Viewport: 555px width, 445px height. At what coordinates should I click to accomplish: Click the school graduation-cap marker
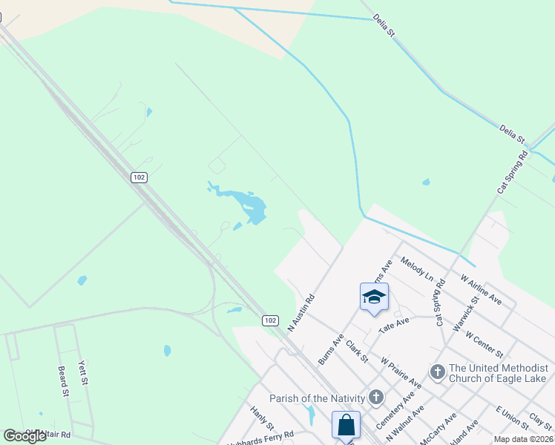tap(374, 297)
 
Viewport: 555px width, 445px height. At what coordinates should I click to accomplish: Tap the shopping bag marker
tap(346, 426)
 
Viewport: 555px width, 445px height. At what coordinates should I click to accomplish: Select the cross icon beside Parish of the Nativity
tap(376, 397)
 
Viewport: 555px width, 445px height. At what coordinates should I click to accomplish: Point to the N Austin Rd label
tap(302, 313)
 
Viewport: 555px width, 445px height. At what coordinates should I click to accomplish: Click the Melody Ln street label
tap(416, 268)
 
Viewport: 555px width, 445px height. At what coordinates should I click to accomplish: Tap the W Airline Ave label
tap(481, 289)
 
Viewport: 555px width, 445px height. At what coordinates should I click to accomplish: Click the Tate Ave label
tap(394, 323)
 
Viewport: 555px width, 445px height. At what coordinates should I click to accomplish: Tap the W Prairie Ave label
tap(401, 372)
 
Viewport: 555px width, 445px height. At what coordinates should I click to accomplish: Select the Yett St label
tap(84, 372)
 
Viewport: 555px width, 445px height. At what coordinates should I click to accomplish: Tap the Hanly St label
tap(262, 418)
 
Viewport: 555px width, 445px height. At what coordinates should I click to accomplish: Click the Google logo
tap(25, 436)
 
